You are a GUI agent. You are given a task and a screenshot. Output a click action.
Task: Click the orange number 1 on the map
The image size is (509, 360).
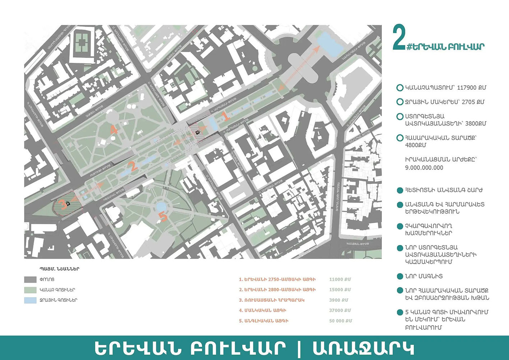(226, 116)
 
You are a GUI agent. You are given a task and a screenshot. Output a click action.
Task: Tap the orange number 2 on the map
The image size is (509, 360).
(133, 166)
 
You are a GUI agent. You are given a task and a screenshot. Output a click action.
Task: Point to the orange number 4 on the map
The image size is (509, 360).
(114, 129)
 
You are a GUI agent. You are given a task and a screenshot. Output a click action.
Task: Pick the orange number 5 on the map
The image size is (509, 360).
(163, 217)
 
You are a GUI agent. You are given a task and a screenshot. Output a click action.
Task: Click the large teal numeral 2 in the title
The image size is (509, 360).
(399, 38)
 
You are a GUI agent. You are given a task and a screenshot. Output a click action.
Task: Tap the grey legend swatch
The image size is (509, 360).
(30, 280)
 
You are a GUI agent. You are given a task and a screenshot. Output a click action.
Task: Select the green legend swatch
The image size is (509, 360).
(30, 290)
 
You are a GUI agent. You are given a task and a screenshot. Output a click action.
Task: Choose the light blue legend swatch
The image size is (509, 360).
(30, 300)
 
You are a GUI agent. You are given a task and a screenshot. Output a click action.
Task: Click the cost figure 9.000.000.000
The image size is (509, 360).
(424, 168)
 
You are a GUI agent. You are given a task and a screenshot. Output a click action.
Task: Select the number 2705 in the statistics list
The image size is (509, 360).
(468, 102)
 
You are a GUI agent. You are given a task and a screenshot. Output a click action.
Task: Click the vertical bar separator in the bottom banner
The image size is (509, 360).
(299, 348)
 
